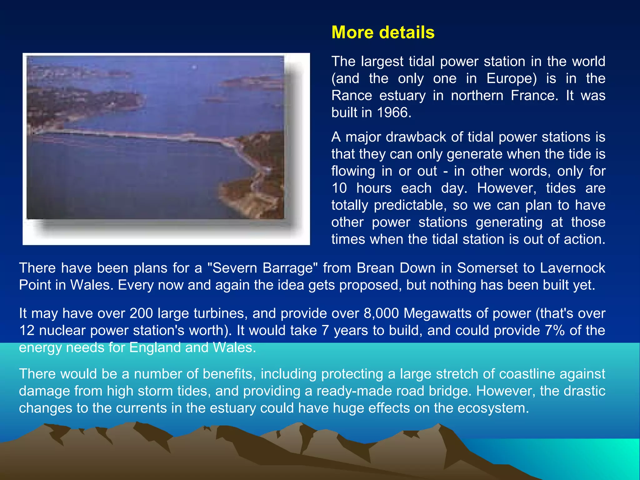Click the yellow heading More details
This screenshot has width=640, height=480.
383,32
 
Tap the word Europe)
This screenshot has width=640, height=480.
512,78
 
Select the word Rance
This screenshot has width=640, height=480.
352,96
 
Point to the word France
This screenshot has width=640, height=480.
534,96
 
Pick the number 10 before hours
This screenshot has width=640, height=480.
339,188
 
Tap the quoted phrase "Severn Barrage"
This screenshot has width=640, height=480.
262,268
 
